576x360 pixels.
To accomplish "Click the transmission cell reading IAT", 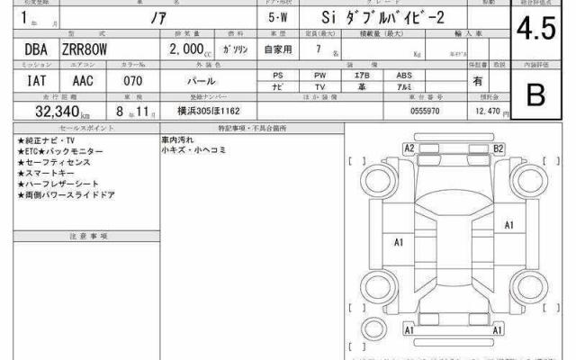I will pos(25,80).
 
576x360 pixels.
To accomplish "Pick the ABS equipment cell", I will pos(405,75).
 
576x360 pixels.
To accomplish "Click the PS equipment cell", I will pos(279,75).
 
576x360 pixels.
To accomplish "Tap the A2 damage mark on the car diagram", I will pos(409,148).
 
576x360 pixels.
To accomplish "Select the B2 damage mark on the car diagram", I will pos(498,148).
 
